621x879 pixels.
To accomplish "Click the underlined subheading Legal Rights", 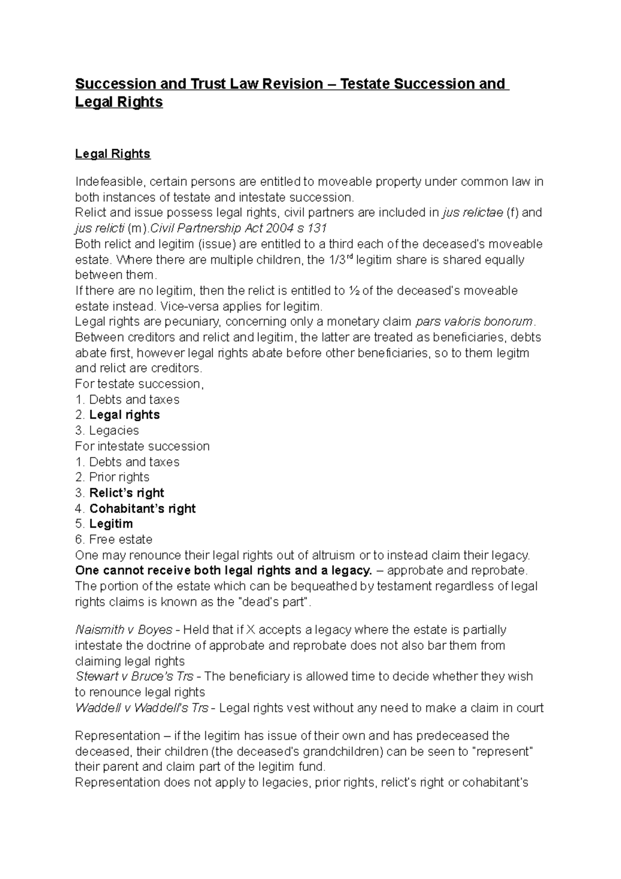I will click(112, 154).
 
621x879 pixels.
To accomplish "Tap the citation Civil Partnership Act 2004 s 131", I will click(238, 228).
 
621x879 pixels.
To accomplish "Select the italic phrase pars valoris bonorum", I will click(474, 321).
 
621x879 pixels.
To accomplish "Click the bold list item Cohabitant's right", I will click(142, 508).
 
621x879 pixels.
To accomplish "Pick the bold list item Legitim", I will click(111, 524).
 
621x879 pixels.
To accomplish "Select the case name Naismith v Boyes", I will click(124, 630).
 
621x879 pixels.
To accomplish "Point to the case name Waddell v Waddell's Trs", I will click(141, 708).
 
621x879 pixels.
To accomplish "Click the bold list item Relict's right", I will click(127, 493).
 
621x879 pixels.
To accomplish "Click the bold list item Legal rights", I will click(124, 415).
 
